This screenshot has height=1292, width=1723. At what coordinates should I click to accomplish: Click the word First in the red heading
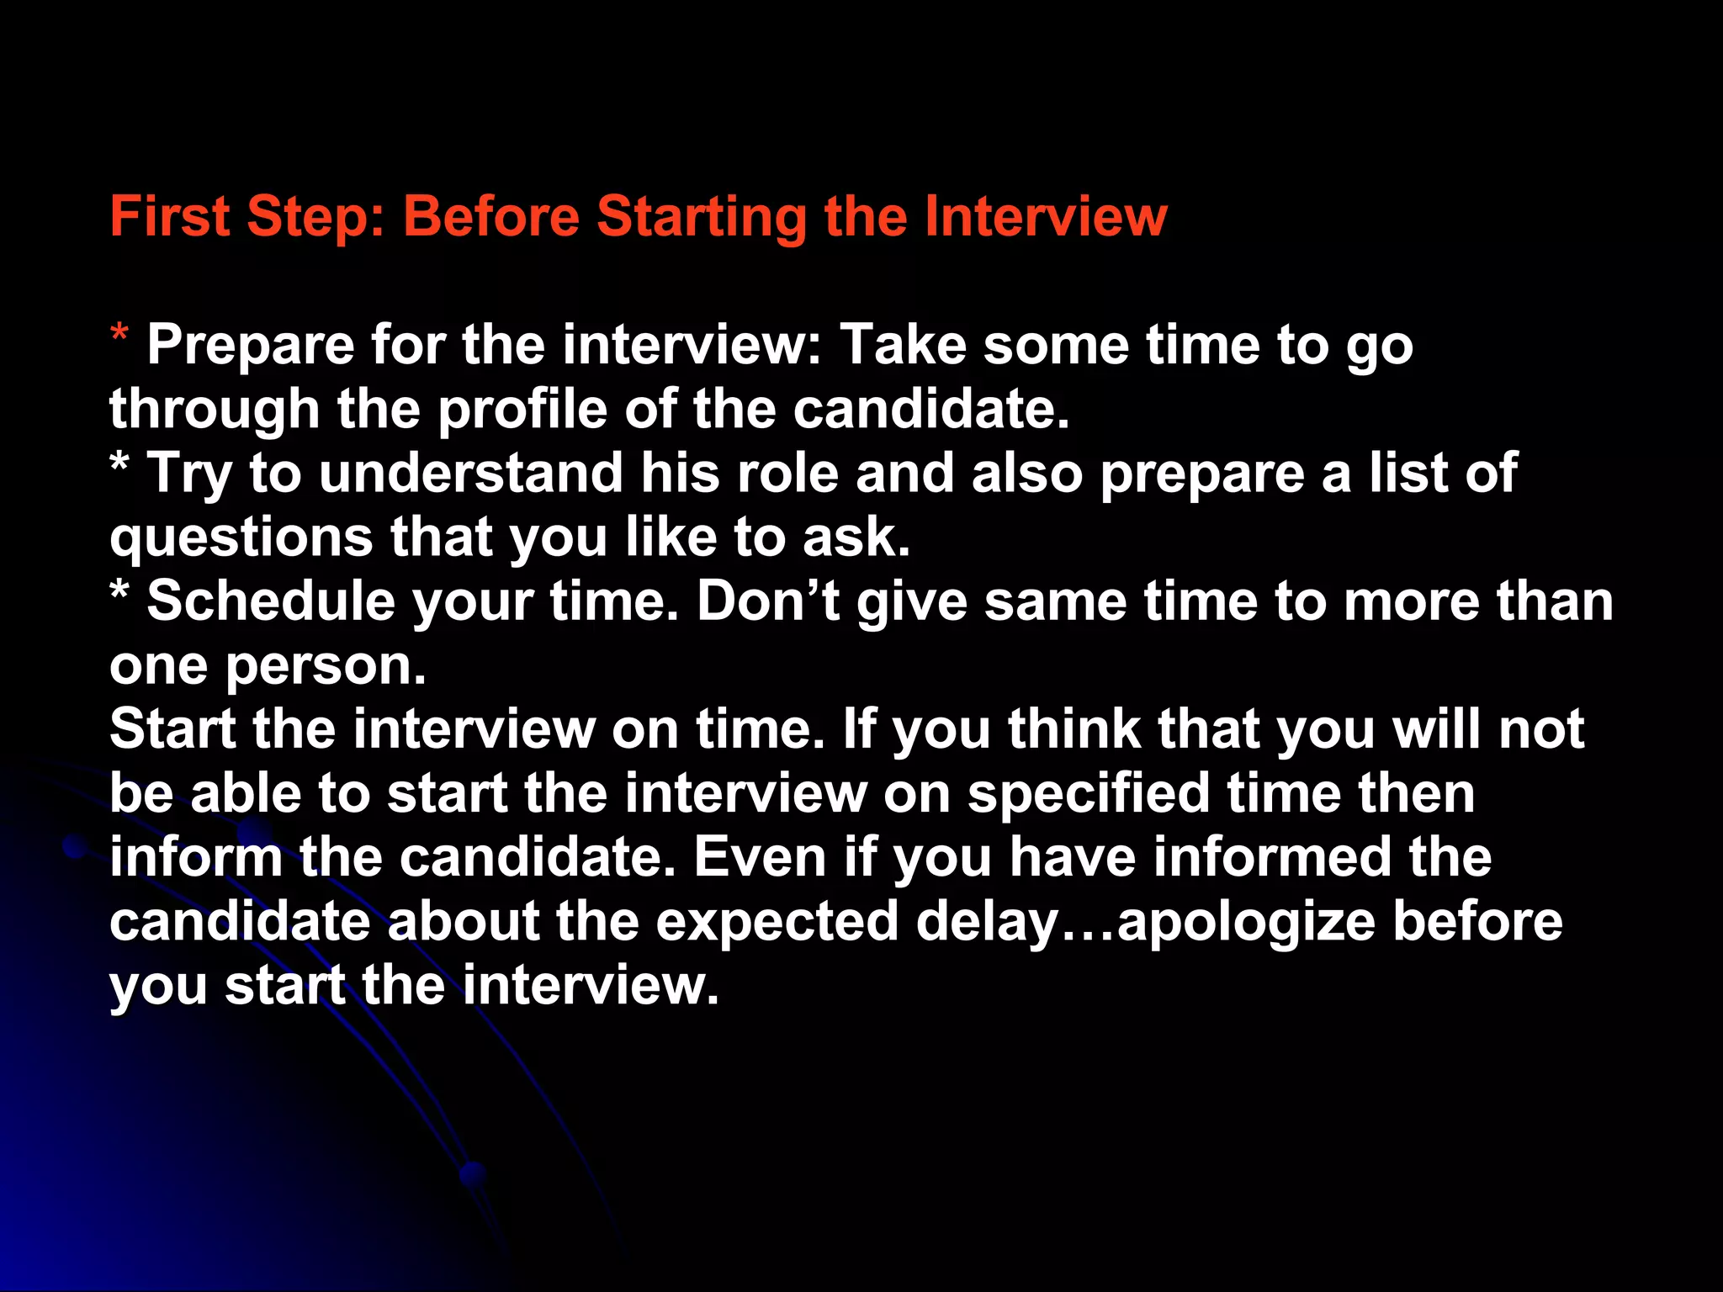(169, 216)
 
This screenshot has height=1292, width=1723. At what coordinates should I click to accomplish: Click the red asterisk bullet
(119, 336)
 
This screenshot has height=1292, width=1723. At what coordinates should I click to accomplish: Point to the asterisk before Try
(119, 463)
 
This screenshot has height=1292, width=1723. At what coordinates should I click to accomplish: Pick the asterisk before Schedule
(119, 591)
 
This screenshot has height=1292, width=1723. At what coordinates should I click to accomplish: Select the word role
(787, 473)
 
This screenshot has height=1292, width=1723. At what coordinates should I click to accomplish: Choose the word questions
(241, 538)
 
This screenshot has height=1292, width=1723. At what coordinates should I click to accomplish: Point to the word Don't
(768, 601)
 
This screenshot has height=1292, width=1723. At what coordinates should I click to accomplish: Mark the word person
(326, 667)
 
